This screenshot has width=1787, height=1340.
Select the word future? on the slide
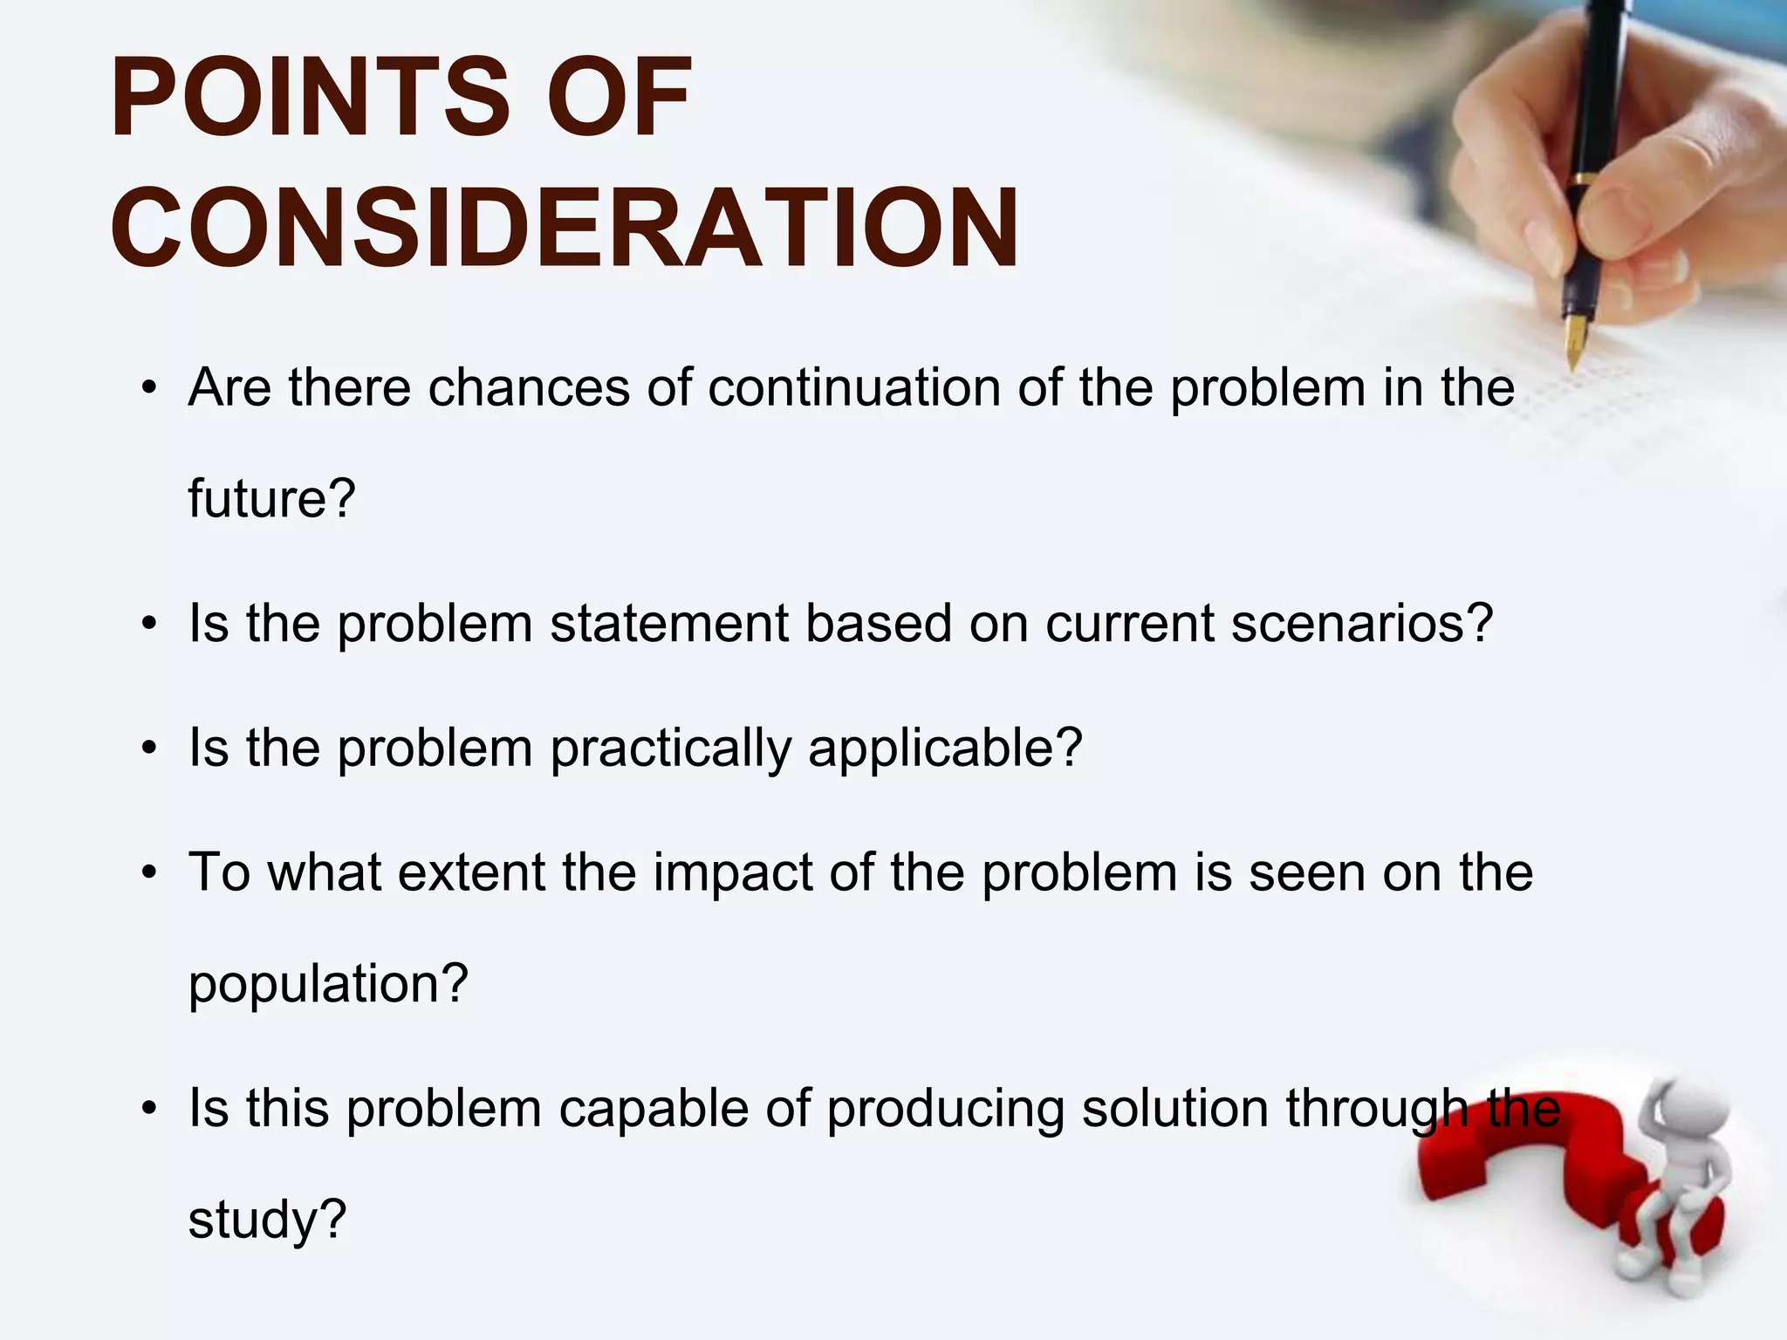(272, 499)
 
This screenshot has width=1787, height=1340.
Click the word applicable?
(945, 749)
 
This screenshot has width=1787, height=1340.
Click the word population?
(329, 984)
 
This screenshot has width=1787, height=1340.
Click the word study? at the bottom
(268, 1220)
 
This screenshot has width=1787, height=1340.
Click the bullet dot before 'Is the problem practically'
(150, 749)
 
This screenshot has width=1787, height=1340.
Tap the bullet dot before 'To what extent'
(150, 873)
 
